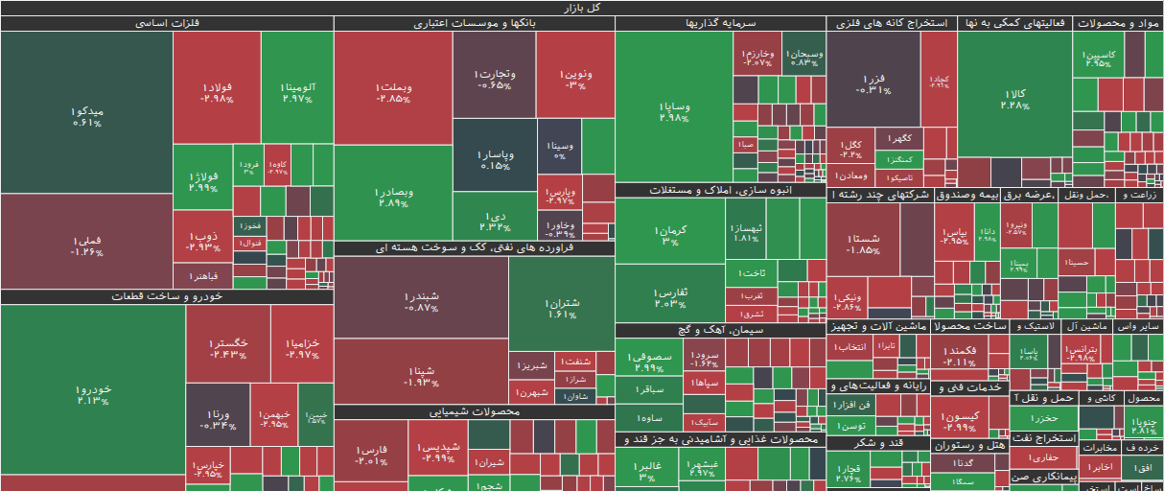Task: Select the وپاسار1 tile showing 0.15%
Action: [x=495, y=158]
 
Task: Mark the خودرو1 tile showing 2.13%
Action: [x=93, y=393]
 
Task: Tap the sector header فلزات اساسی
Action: [x=167, y=23]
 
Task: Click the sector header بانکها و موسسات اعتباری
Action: [x=474, y=23]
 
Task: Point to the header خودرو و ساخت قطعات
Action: [x=167, y=296]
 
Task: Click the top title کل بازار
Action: [x=582, y=7]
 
